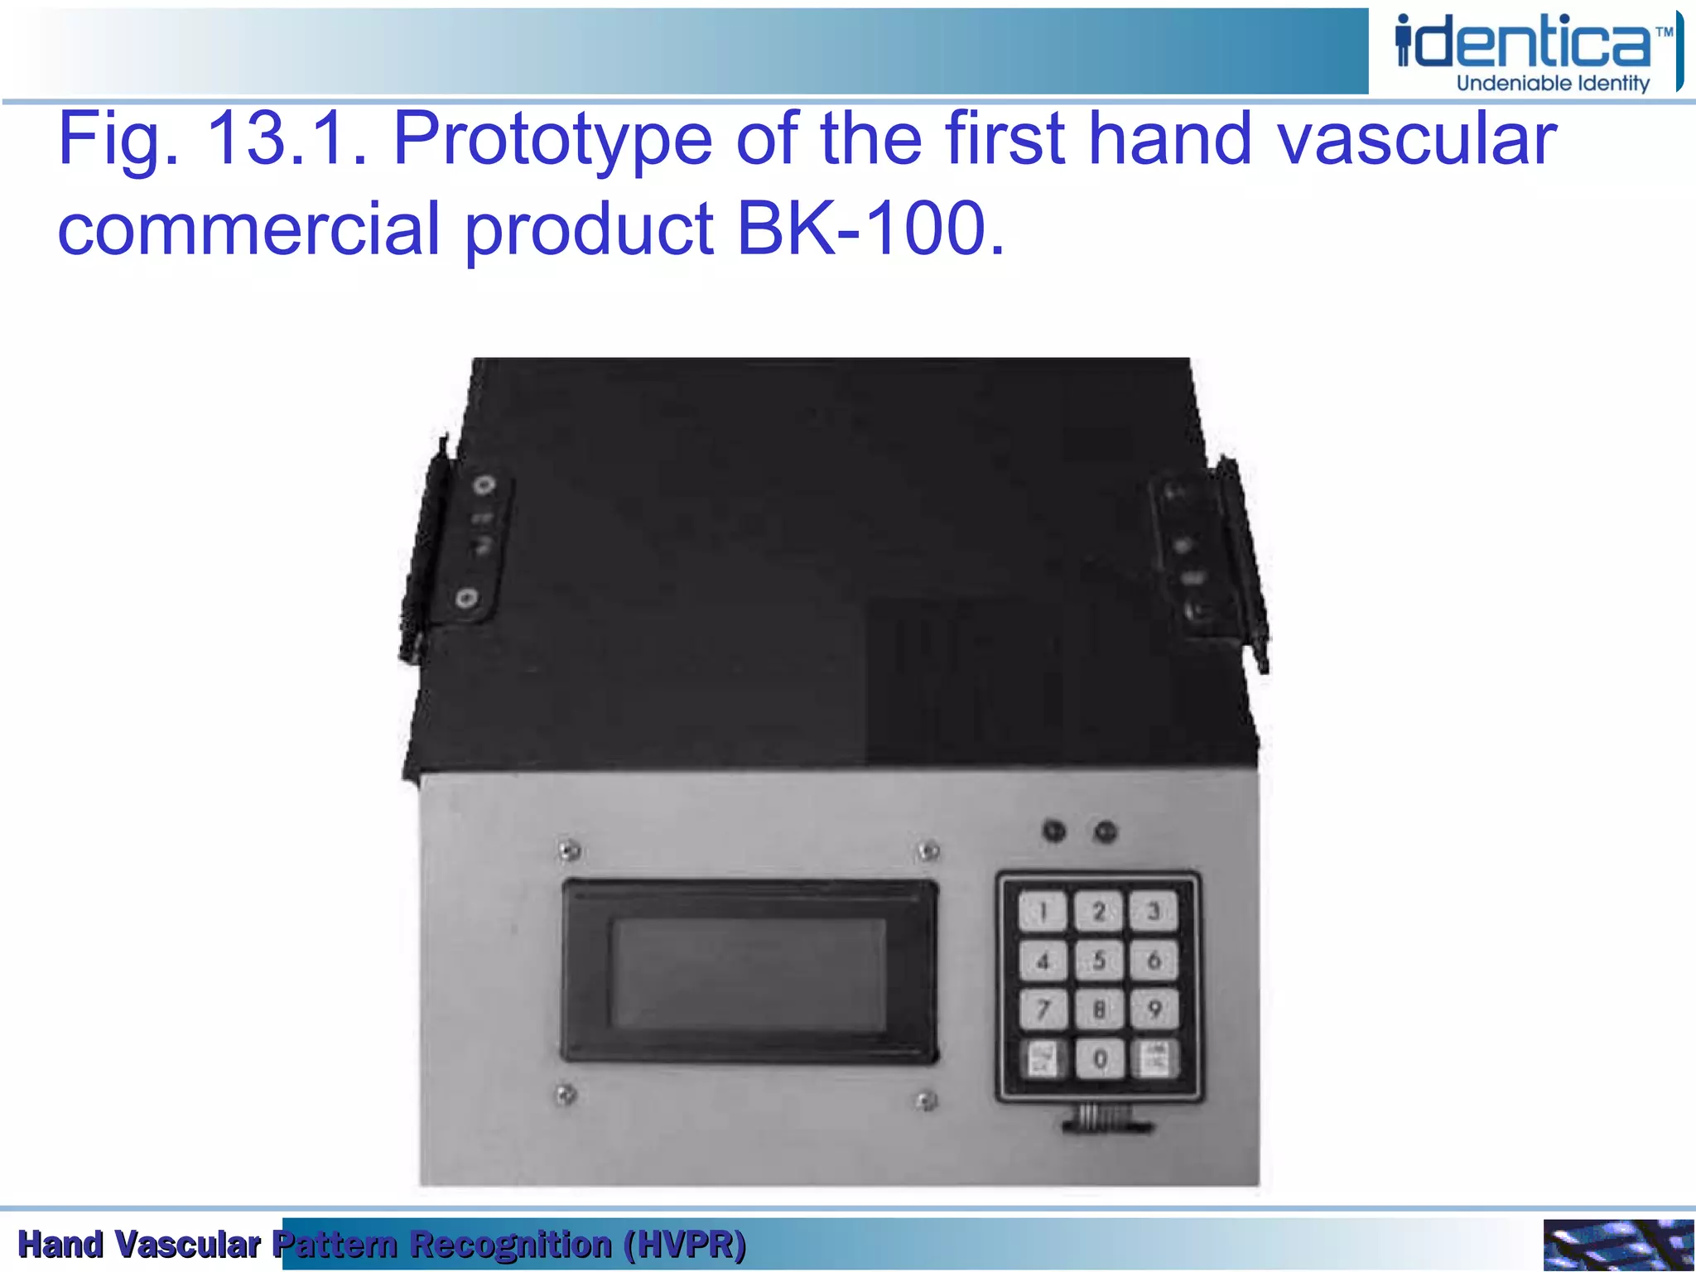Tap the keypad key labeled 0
click(x=1100, y=1058)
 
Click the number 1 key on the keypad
click(x=1043, y=912)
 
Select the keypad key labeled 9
click(x=1154, y=1009)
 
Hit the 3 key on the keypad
click(x=1154, y=912)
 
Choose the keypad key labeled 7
click(x=1043, y=1009)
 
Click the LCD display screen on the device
click(x=749, y=974)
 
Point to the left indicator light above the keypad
click(x=1054, y=831)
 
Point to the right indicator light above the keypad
click(x=1106, y=831)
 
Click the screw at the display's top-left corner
click(x=568, y=850)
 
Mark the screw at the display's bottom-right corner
click(x=927, y=1101)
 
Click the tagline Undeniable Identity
click(x=1553, y=83)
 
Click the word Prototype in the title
click(x=552, y=138)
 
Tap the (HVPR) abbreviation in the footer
click(x=685, y=1245)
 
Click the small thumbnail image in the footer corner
click(x=1617, y=1245)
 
